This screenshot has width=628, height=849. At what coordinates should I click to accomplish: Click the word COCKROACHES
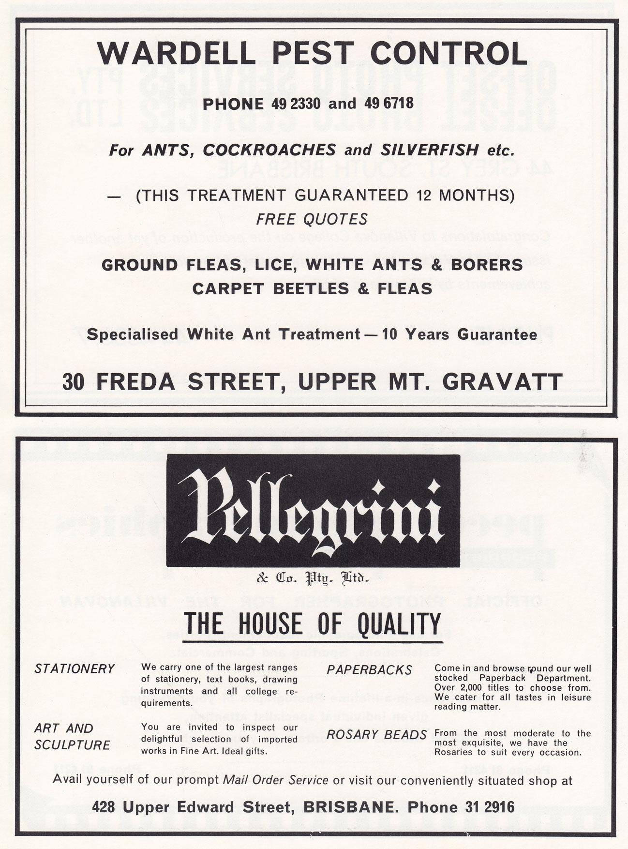coord(269,150)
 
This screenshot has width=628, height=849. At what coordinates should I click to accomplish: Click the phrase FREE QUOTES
coord(312,219)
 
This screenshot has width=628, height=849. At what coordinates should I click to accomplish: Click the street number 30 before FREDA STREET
coord(74,382)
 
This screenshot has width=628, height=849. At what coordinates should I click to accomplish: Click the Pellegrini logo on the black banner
coord(313,511)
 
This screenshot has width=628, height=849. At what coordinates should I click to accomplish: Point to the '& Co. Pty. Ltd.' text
coord(313,577)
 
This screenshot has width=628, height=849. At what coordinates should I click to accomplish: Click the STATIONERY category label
coord(75,669)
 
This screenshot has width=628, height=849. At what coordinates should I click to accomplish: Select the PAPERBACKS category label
coord(369,670)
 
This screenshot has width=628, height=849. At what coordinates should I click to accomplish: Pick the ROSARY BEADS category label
coord(377,735)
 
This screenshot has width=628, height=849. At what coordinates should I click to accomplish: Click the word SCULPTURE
coord(72,745)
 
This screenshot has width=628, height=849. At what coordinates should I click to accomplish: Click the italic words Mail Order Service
coord(275,780)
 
